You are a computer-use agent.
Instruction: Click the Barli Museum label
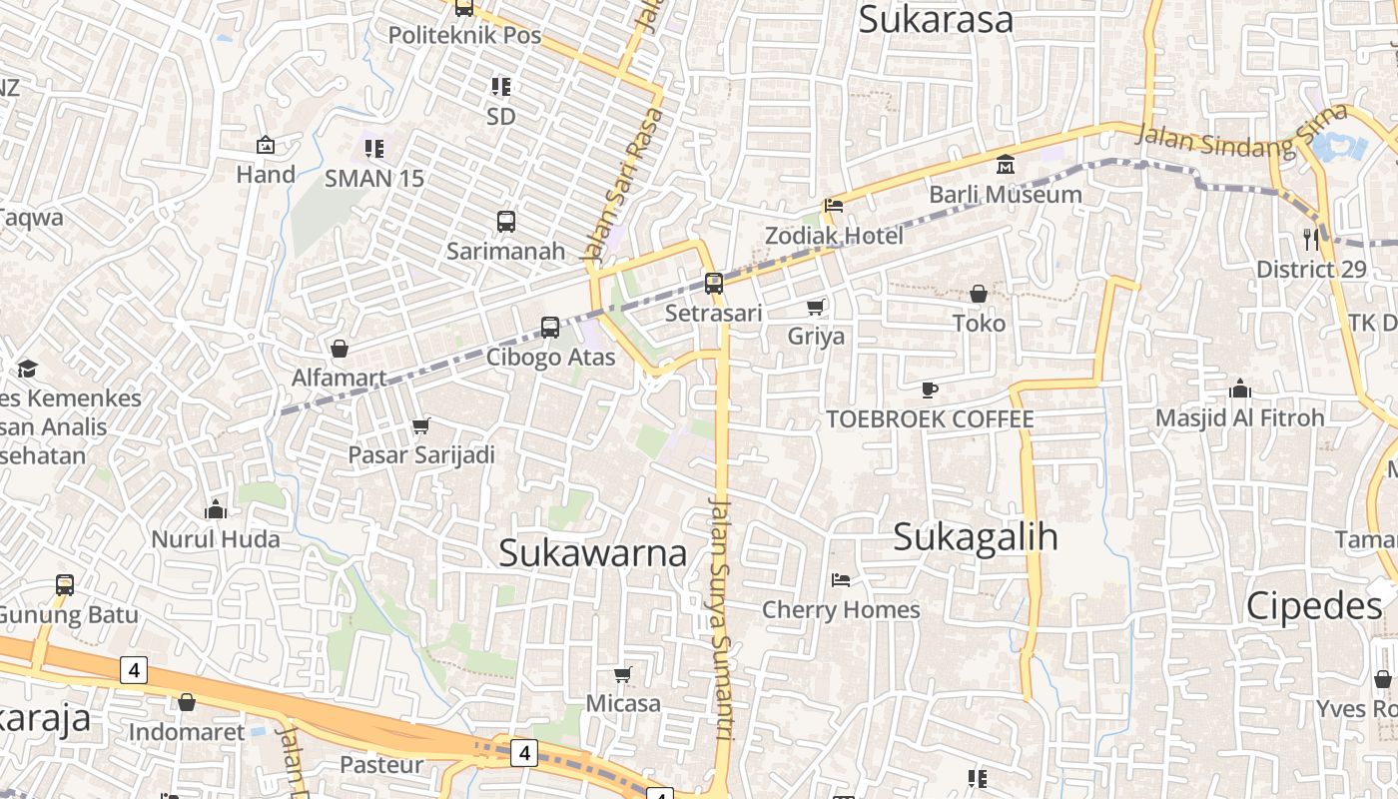click(1006, 194)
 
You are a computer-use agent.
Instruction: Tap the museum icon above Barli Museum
click(1006, 164)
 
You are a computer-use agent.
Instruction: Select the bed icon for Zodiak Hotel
click(834, 206)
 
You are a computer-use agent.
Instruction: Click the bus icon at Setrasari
click(713, 283)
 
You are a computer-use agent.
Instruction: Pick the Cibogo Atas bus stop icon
click(550, 327)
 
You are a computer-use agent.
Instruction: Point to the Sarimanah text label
click(506, 251)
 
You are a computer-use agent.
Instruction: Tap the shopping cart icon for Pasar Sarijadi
click(421, 425)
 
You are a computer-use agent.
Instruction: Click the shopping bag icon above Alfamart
click(340, 349)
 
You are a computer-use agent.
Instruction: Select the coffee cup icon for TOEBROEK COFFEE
click(930, 389)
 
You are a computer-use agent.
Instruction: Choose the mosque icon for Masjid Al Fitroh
click(1239, 388)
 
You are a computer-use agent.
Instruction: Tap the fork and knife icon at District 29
click(1311, 239)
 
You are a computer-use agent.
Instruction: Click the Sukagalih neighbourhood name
click(976, 536)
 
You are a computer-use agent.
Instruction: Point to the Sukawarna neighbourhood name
click(593, 552)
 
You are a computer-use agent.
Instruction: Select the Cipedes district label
click(1314, 606)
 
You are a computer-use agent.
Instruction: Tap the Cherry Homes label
click(841, 609)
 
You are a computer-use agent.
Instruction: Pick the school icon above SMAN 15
click(374, 149)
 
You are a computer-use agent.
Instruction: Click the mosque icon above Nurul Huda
click(216, 510)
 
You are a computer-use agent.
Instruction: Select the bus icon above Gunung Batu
click(65, 584)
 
